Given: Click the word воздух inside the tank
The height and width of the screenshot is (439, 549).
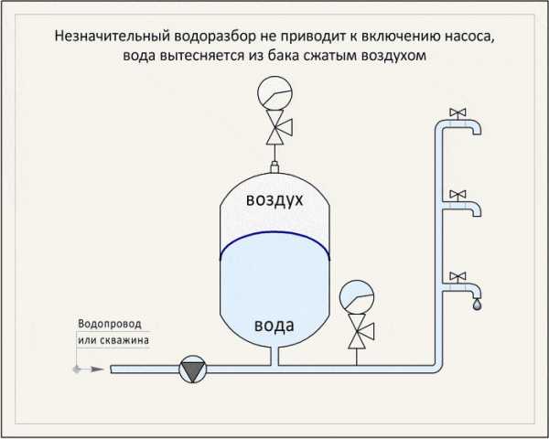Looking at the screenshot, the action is (274, 200).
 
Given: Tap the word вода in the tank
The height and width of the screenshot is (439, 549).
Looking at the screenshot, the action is (274, 326).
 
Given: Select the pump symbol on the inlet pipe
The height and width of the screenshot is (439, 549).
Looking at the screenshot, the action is (192, 369).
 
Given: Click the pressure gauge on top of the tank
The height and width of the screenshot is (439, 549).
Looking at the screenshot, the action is (274, 93).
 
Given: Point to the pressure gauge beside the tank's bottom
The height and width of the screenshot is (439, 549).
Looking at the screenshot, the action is (357, 297).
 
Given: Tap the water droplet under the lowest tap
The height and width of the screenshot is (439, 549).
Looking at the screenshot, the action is (477, 305).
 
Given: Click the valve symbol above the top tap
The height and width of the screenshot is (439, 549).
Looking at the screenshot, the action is (457, 112).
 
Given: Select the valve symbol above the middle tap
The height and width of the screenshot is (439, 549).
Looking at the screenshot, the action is (457, 194).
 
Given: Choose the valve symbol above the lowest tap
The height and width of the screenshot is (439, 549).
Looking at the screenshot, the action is (457, 276).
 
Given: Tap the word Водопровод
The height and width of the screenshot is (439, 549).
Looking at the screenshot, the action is (110, 324).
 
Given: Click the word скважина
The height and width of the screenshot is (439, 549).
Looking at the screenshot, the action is (124, 340).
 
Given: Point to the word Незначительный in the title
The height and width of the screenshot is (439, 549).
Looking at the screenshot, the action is (112, 37).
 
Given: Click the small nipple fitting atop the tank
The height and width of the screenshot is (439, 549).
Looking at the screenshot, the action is (274, 167).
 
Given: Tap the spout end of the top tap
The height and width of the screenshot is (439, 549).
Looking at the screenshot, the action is (477, 134).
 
